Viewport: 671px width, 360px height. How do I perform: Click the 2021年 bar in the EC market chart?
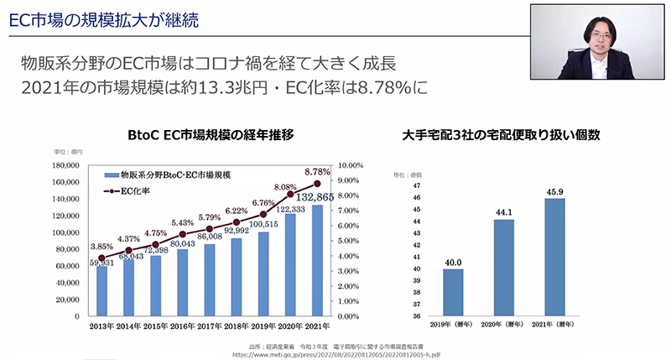click(317, 261)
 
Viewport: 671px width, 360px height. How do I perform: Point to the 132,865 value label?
click(315, 196)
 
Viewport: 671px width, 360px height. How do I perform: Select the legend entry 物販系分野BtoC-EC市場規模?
click(167, 176)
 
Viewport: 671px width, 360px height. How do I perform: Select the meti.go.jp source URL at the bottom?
click(335, 354)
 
